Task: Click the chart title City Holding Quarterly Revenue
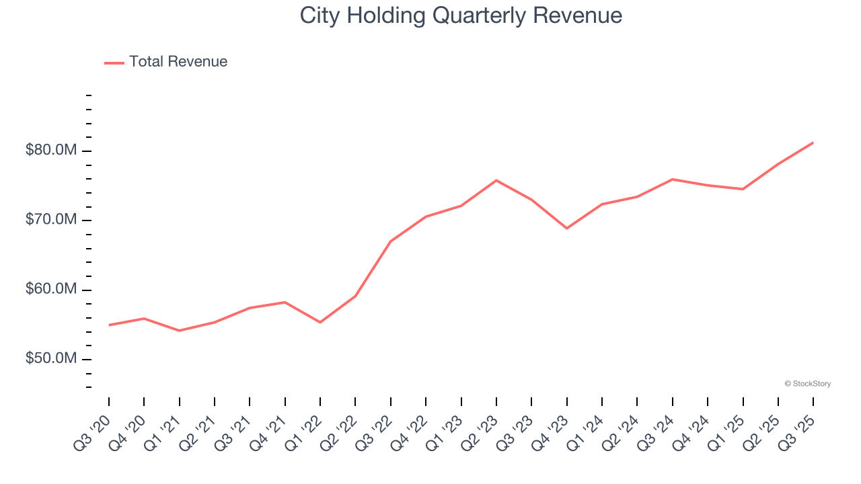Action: (461, 15)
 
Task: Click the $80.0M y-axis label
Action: (51, 150)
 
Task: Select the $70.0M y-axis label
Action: (51, 220)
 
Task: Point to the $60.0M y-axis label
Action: (51, 290)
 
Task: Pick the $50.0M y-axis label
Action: (51, 359)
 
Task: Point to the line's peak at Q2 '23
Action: (496, 180)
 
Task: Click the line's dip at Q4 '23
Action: (567, 229)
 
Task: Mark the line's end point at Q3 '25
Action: (813, 143)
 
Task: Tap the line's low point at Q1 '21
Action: (179, 331)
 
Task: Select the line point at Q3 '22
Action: (391, 241)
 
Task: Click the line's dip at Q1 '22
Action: (320, 323)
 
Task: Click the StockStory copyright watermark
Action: (807, 384)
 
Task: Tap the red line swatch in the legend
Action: (114, 63)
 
